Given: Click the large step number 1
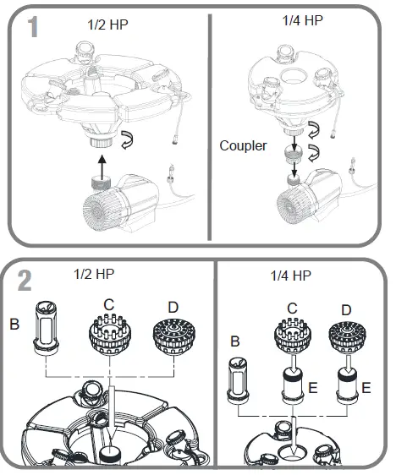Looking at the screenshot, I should coord(31,26).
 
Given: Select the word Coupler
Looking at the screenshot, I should coord(244,145).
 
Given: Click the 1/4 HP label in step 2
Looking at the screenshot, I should coord(290,276).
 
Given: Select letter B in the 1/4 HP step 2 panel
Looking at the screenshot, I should coord(235,341).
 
